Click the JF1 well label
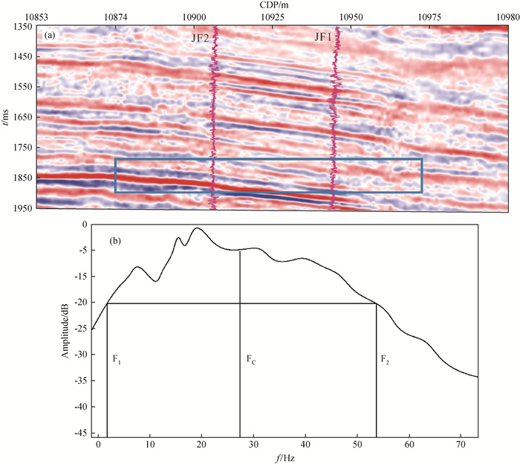tap(324, 36)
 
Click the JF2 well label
tap(200, 36)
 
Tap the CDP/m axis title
tap(275, 5)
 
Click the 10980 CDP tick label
tap(505, 16)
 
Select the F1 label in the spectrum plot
tap(116, 359)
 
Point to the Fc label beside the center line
tap(251, 359)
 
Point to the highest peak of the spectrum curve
tap(198, 229)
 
